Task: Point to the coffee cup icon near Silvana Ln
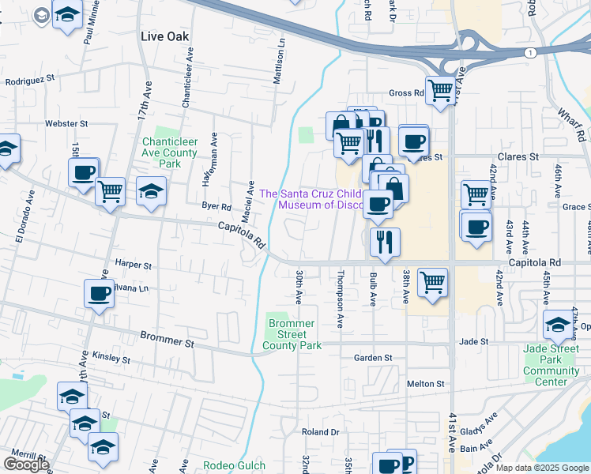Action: [100, 294]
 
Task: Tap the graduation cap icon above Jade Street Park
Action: [558, 324]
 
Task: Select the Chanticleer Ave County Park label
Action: [169, 152]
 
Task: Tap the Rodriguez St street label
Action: [29, 79]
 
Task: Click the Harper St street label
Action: [132, 265]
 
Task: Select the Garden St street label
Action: [373, 358]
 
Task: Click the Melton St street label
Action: [426, 383]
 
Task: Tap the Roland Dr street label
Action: [320, 432]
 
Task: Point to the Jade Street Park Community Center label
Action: [556, 365]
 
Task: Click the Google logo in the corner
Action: [26, 465]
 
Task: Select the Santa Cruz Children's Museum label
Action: [311, 199]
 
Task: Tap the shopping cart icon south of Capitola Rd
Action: [432, 281]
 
